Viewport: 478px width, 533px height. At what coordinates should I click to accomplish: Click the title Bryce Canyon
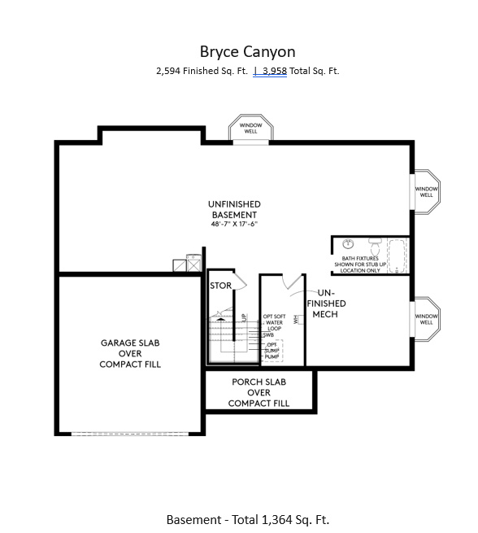pyautogui.click(x=247, y=51)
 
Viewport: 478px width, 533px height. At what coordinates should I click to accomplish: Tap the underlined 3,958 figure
pyautogui.click(x=277, y=71)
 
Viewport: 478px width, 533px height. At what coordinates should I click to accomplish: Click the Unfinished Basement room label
pyautogui.click(x=234, y=209)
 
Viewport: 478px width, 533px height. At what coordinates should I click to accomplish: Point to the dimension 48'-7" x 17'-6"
pyautogui.click(x=234, y=224)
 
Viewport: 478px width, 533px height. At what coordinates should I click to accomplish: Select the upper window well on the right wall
pyautogui.click(x=427, y=192)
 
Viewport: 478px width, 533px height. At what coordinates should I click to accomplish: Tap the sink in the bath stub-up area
pyautogui.click(x=348, y=244)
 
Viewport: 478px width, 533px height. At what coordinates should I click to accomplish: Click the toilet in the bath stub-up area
pyautogui.click(x=375, y=244)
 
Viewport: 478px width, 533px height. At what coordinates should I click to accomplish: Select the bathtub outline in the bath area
pyautogui.click(x=399, y=255)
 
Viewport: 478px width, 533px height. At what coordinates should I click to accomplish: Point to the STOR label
pyautogui.click(x=221, y=286)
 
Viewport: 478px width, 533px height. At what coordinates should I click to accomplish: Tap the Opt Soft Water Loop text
pyautogui.click(x=275, y=322)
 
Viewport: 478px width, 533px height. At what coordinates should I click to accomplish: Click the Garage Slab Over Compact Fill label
pyautogui.click(x=130, y=354)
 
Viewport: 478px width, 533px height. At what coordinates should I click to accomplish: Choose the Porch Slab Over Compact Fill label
pyautogui.click(x=259, y=392)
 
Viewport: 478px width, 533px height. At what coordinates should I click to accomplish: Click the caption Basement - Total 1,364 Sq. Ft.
pyautogui.click(x=247, y=519)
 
